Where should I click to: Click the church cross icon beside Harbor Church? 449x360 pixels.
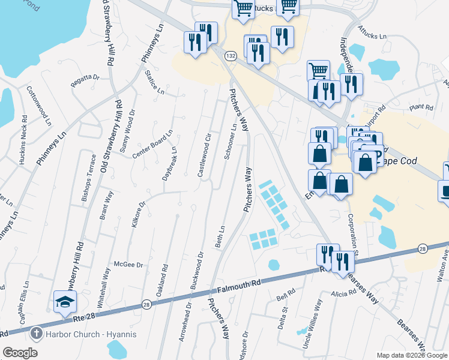[36, 334]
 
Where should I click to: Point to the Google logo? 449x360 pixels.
[20, 353]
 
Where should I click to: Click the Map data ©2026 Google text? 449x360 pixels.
[412, 355]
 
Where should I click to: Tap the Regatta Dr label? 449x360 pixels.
[85, 80]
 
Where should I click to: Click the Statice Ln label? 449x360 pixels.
[154, 83]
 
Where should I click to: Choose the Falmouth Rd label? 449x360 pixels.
[240, 286]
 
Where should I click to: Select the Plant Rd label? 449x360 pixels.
[421, 107]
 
